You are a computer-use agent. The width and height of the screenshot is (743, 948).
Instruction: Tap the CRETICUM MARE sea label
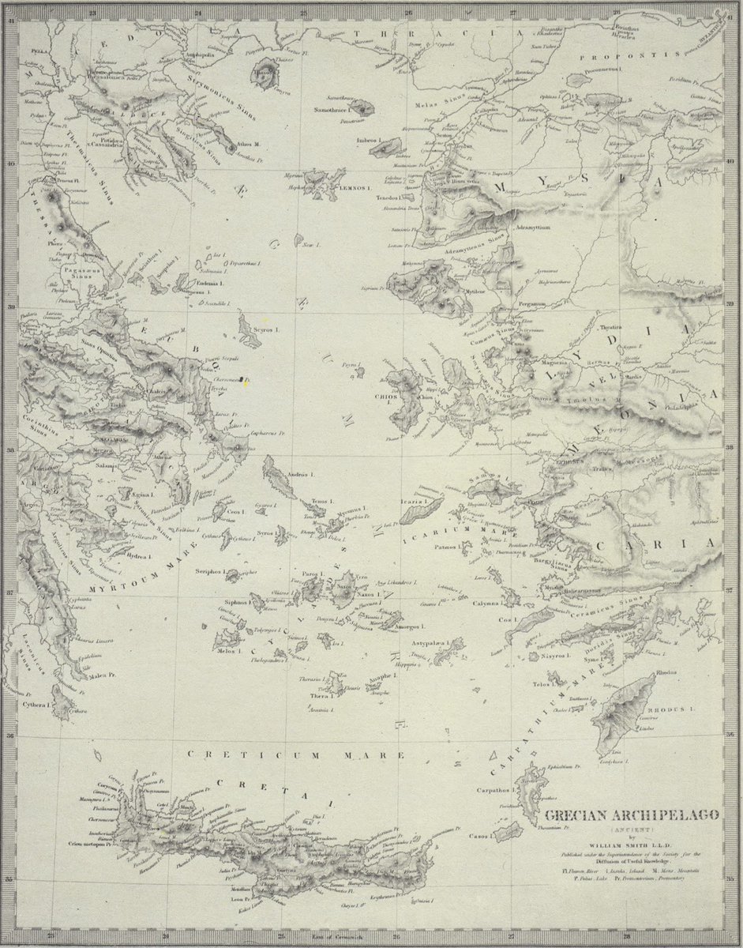pos(296,755)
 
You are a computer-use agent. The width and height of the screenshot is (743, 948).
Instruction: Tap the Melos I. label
pos(227,652)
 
